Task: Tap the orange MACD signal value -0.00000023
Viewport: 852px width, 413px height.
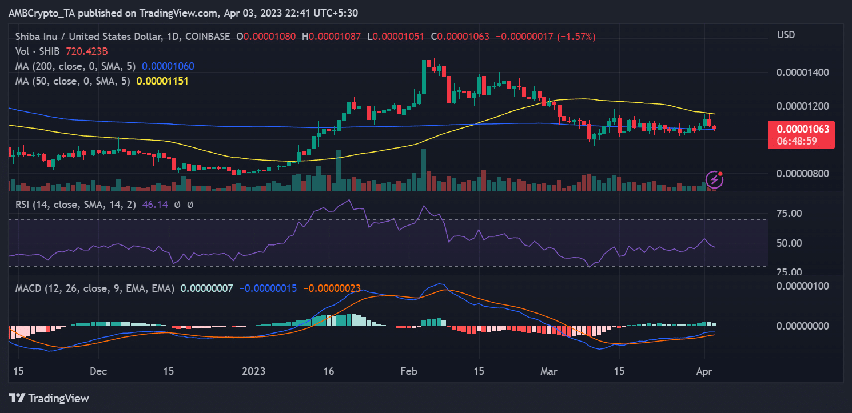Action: pyautogui.click(x=332, y=289)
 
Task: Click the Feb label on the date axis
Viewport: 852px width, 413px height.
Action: pyautogui.click(x=408, y=371)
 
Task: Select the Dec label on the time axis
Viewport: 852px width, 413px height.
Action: pyautogui.click(x=98, y=371)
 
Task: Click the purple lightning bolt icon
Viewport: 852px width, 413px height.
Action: pyautogui.click(x=715, y=180)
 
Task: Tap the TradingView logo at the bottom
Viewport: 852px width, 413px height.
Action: pyautogui.click(x=49, y=398)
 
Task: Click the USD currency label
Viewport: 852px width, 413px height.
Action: pyautogui.click(x=786, y=35)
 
